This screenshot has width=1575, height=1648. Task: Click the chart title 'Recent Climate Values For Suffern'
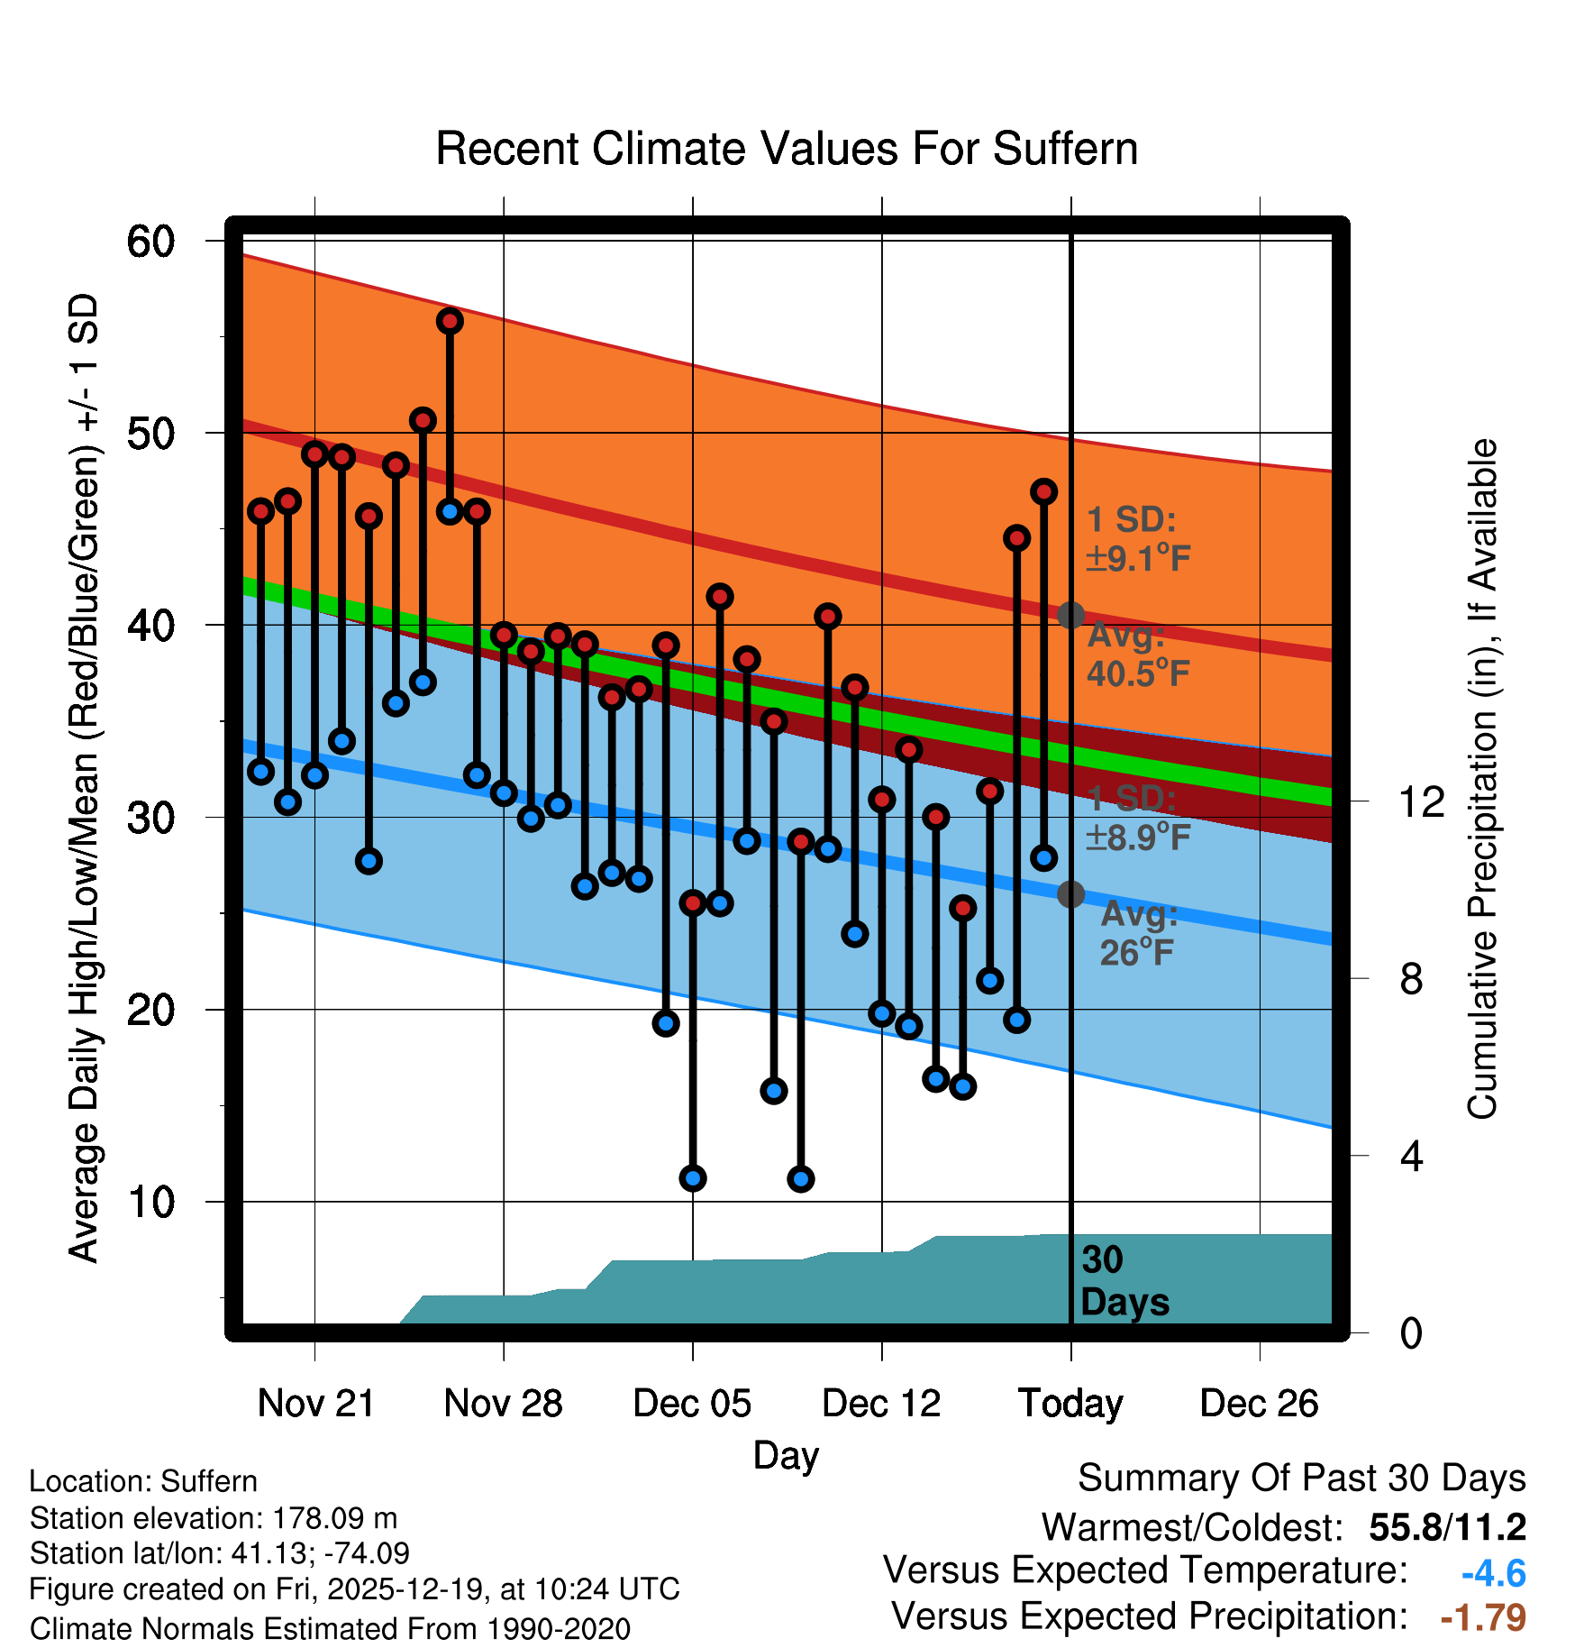pos(786,149)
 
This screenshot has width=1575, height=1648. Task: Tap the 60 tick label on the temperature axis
pos(150,242)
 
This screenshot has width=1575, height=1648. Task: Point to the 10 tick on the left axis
pos(150,1202)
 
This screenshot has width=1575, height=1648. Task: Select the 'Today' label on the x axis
pos(1070,1404)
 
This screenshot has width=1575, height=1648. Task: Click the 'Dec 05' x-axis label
pos(692,1404)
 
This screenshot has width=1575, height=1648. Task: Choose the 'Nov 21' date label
pos(315,1404)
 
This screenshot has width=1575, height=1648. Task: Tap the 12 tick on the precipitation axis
pos(1421,801)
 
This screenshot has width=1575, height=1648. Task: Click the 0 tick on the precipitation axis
pos(1411,1332)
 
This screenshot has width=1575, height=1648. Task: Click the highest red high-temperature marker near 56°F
pos(450,321)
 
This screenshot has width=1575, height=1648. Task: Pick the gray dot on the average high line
pos(1070,616)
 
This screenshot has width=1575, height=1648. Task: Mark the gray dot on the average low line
pos(1070,894)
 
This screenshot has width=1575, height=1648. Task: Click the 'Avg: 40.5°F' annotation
pos(1137,655)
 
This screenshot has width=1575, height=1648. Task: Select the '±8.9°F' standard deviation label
pos(1138,838)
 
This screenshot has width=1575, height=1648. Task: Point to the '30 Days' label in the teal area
pos(1124,1281)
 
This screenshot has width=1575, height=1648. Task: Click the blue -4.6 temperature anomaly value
pos(1493,1573)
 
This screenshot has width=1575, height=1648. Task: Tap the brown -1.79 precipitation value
pos(1483,1617)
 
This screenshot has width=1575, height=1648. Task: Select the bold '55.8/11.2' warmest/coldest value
pos(1447,1527)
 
